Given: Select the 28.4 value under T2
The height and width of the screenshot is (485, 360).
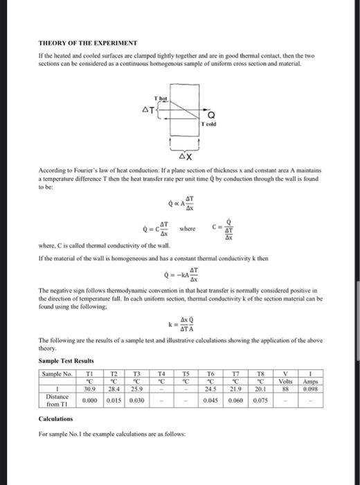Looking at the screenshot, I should (115, 389).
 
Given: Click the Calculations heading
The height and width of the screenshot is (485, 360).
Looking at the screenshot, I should (57, 420).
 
